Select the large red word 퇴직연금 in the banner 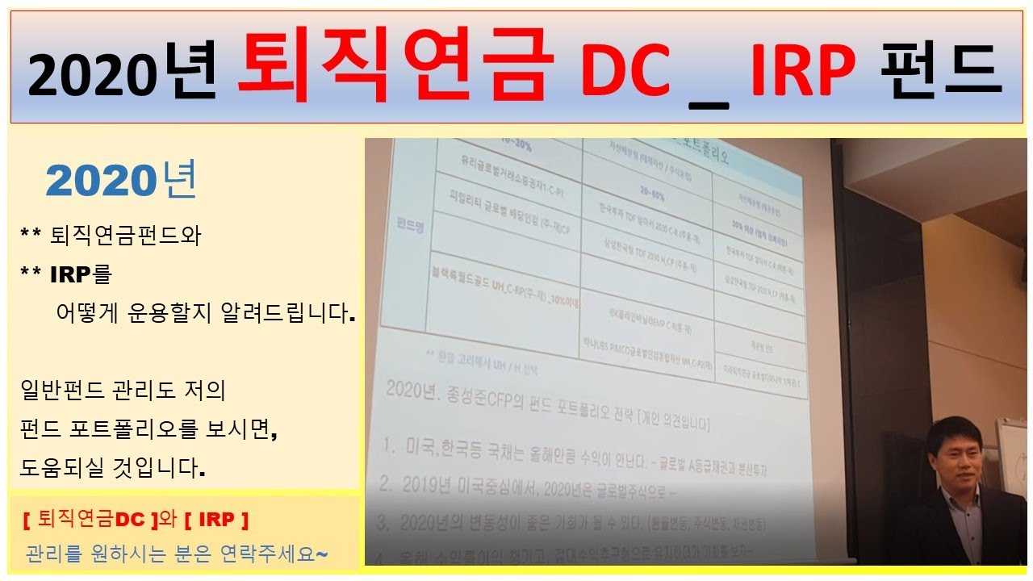pos(395,66)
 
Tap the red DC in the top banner pos(626,71)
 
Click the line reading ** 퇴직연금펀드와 pos(110,236)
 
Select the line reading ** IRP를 pos(66,274)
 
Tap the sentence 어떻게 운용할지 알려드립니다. pos(206,313)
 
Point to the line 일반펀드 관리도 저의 pos(123,391)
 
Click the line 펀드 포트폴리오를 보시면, pos(149,430)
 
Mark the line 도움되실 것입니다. pos(113,468)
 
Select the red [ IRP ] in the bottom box pos(216,517)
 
